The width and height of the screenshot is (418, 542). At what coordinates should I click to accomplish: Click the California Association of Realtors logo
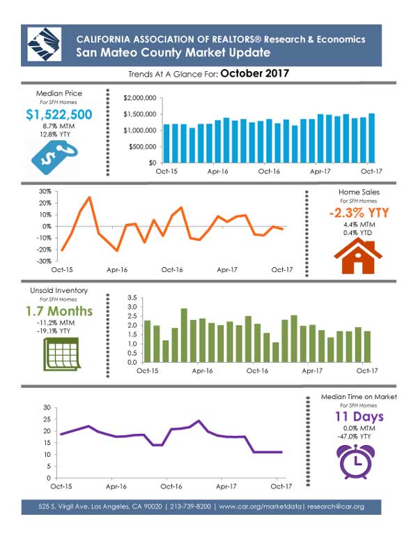point(44,45)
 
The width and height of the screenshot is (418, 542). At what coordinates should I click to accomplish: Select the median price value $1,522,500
point(59,114)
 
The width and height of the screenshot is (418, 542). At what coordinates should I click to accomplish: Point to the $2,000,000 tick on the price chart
point(140,98)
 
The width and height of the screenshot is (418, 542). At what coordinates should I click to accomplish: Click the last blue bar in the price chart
point(371,138)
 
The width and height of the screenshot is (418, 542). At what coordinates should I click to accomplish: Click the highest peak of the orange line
point(89,197)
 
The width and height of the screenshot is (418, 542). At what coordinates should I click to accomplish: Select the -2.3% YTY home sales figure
point(359,213)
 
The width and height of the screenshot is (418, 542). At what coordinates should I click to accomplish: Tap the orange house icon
point(358,257)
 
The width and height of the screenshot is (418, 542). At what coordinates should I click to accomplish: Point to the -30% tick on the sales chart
point(44,262)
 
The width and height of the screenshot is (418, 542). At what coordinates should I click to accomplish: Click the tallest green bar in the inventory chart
point(184,336)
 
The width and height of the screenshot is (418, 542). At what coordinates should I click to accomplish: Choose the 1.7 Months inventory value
point(59,311)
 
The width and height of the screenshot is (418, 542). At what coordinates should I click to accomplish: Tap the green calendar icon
point(62,354)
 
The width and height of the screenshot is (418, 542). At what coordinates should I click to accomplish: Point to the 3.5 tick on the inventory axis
point(132,298)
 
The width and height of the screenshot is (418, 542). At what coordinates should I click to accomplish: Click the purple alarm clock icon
point(355,462)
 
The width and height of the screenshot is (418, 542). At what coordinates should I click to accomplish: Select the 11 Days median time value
point(359,416)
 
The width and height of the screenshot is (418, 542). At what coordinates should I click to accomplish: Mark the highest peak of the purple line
point(199,421)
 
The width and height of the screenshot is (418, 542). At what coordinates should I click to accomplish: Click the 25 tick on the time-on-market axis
point(47,419)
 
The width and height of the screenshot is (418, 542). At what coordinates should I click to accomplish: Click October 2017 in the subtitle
point(255,73)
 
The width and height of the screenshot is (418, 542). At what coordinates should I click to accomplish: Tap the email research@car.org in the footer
point(336,506)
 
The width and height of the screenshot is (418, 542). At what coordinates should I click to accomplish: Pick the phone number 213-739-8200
point(190,506)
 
